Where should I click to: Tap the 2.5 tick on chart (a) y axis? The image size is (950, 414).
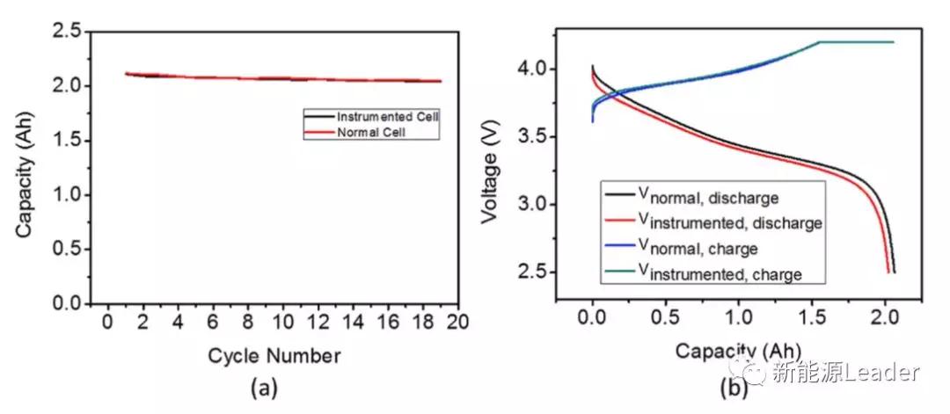tap(69, 33)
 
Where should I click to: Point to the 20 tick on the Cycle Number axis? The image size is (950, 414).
tap(457, 322)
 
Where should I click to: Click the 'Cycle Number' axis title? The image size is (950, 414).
tap(274, 356)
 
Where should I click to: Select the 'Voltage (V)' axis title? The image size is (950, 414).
tap(490, 168)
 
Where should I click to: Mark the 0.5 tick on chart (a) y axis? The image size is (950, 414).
tap(69, 250)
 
